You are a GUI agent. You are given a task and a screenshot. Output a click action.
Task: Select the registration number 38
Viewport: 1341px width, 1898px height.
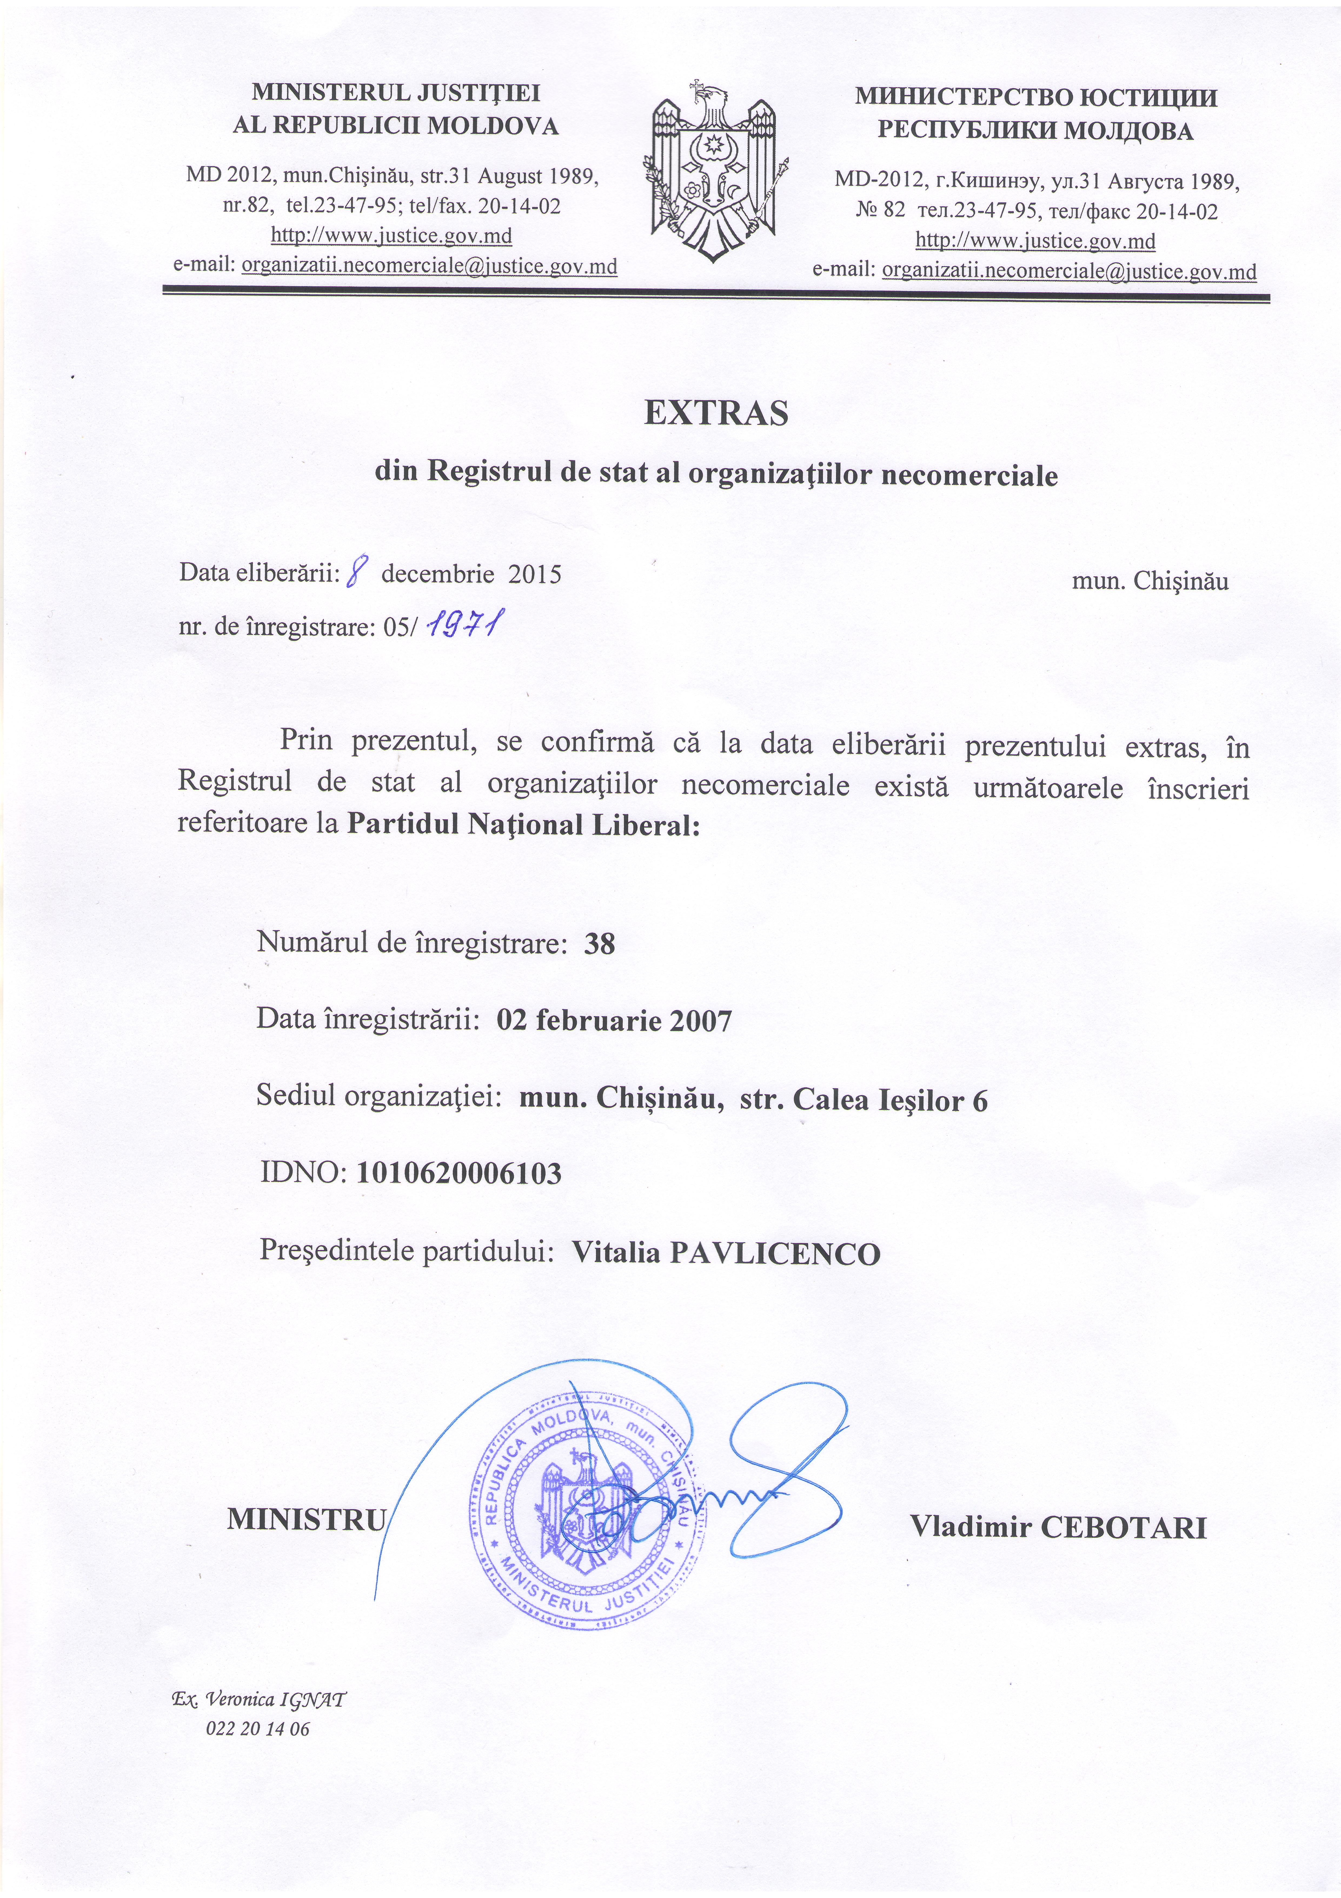[x=599, y=944]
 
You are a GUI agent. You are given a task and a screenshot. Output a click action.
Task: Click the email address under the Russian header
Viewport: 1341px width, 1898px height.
[x=1069, y=271]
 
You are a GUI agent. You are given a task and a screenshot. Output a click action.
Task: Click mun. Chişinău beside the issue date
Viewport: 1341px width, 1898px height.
[x=1150, y=581]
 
